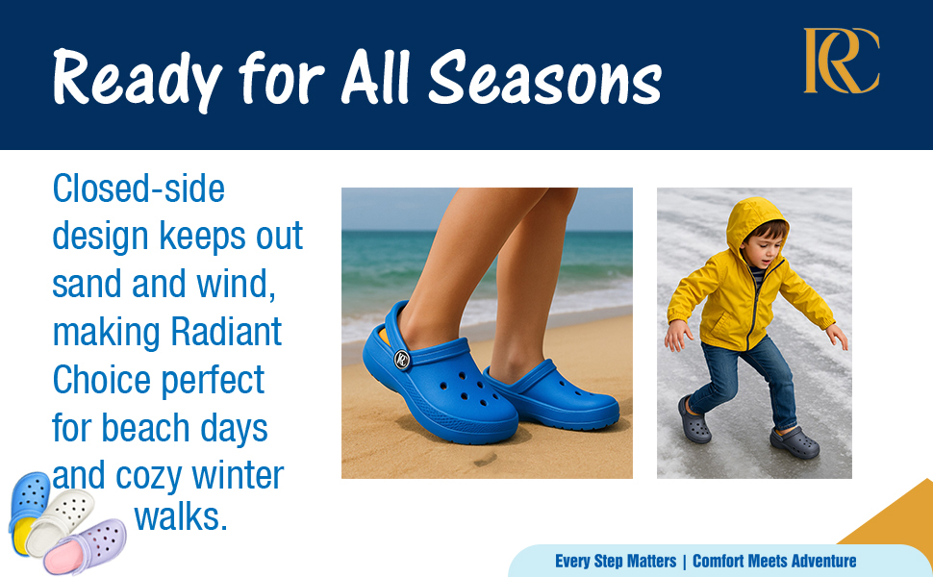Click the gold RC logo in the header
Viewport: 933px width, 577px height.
[x=842, y=61]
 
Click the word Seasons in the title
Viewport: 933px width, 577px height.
[x=545, y=78]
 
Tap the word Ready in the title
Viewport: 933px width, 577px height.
[x=138, y=80]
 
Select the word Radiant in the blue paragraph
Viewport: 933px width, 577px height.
[x=226, y=332]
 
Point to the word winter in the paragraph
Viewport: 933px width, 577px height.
[x=238, y=475]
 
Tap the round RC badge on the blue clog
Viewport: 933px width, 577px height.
[x=402, y=360]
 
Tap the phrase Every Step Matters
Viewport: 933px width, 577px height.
[x=616, y=561]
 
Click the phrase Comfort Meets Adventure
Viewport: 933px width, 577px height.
[x=774, y=561]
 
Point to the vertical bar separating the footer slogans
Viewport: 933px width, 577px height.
[x=685, y=562]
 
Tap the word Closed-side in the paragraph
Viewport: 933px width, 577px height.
[x=139, y=188]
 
